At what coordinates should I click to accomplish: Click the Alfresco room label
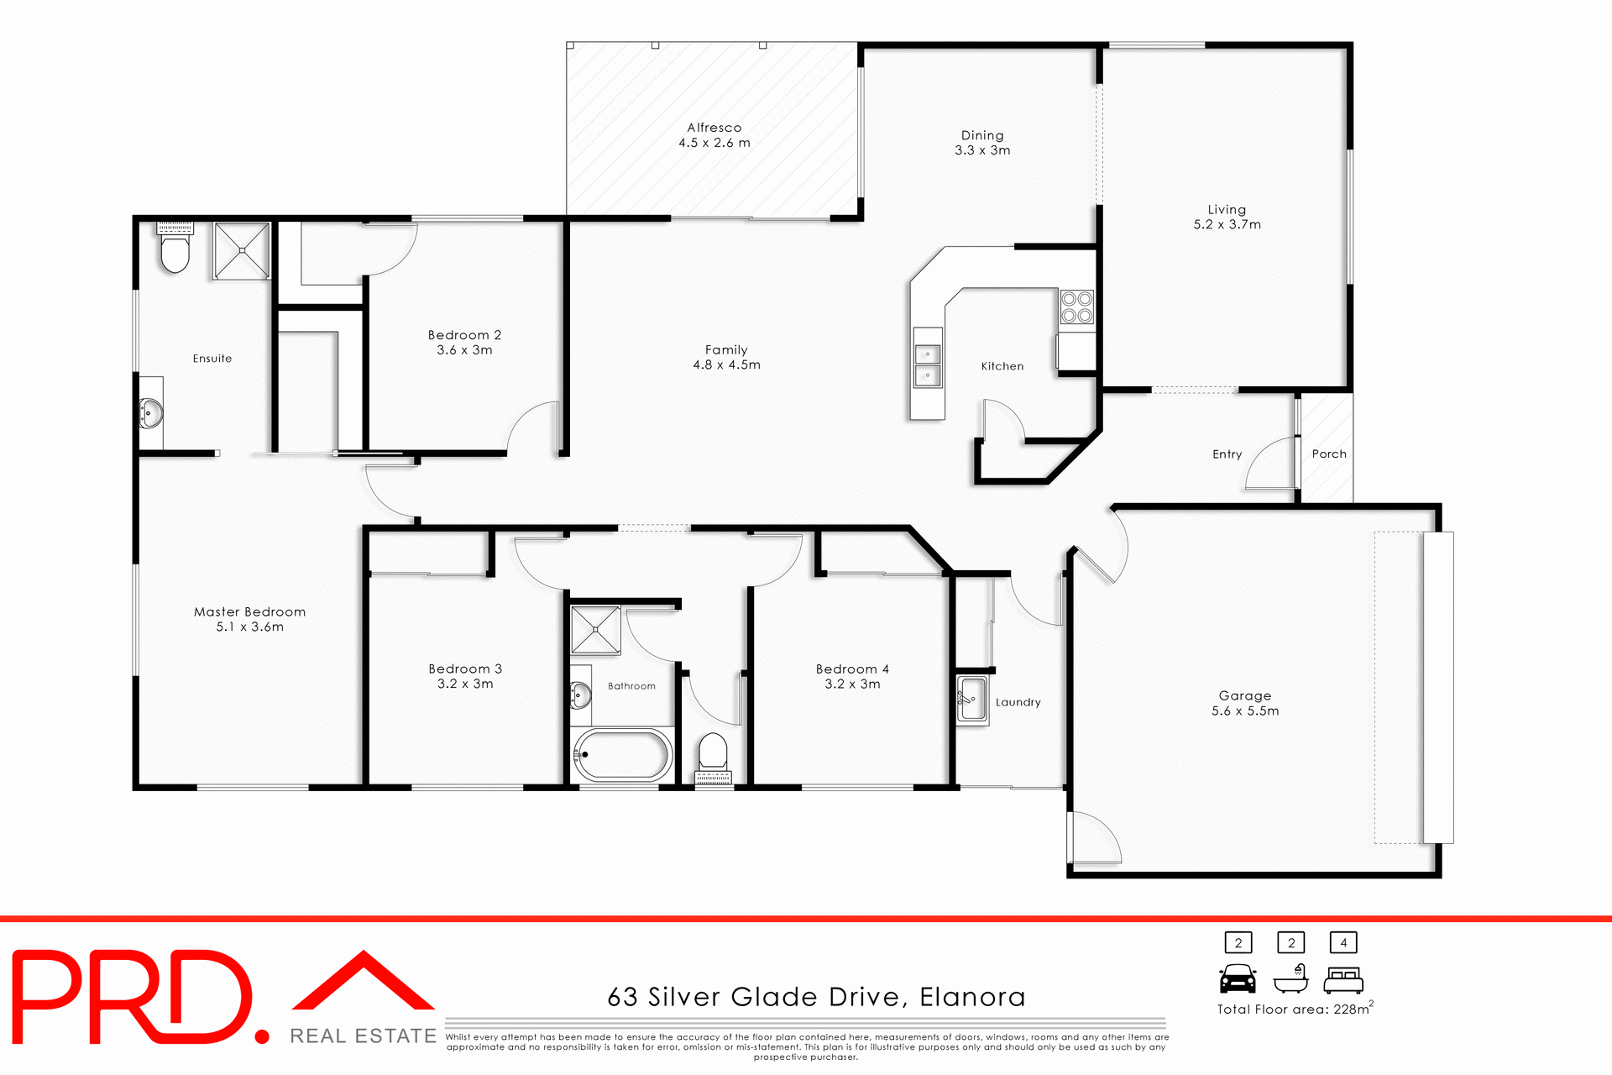(x=714, y=128)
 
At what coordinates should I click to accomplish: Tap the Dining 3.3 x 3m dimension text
(x=982, y=150)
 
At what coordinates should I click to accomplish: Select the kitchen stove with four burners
(x=1076, y=307)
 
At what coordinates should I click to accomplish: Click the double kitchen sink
(x=928, y=365)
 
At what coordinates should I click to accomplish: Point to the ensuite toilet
(x=175, y=250)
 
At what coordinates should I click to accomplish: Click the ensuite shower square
(x=242, y=250)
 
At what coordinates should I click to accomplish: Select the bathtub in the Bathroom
(x=622, y=755)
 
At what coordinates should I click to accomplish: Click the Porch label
(x=1328, y=454)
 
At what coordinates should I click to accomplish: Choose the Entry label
(x=1227, y=454)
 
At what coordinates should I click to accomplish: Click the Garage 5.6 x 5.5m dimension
(x=1245, y=711)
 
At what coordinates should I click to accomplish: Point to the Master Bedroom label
(x=249, y=612)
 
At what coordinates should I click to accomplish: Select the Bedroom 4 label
(x=852, y=669)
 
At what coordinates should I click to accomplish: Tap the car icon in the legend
(x=1238, y=979)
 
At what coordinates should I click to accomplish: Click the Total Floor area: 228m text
(x=1294, y=1009)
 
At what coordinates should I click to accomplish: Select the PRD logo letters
(x=134, y=997)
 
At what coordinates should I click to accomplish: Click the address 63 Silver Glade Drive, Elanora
(x=816, y=997)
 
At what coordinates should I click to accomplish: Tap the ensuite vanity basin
(x=152, y=412)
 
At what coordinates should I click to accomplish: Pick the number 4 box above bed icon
(x=1343, y=942)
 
